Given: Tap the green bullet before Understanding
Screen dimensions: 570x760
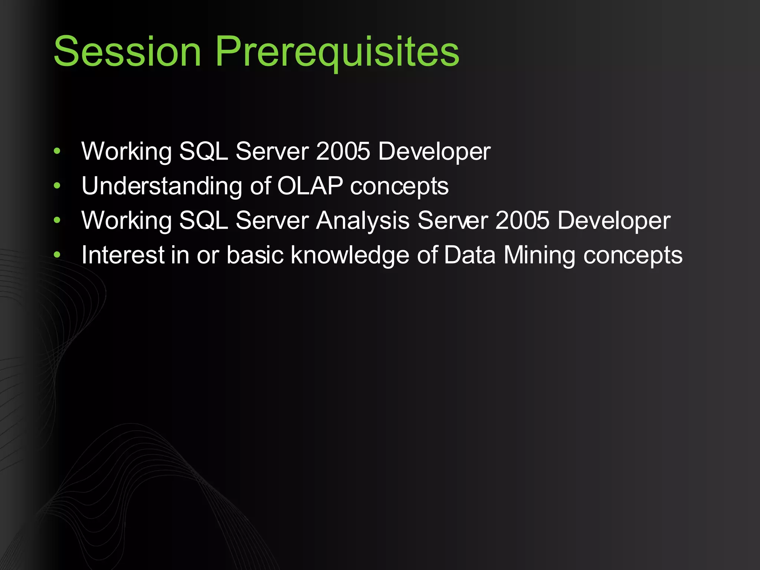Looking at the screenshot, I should (57, 186).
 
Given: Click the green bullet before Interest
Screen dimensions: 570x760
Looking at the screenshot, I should (57, 255).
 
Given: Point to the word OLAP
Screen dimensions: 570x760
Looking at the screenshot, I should (310, 186).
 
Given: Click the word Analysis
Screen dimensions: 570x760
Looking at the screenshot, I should (363, 221).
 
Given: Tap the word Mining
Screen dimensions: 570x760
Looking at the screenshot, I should (539, 255).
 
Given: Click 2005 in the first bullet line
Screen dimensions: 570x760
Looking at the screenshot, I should (343, 151).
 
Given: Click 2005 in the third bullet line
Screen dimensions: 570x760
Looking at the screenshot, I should (522, 220).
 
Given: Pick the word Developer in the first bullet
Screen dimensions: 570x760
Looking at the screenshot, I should (434, 152).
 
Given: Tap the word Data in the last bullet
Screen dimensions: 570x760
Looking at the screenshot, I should (469, 255).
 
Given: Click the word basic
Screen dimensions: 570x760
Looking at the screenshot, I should (255, 255).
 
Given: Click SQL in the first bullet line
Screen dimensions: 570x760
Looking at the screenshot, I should (203, 151).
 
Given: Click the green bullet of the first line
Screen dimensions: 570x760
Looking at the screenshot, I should (57, 151).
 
